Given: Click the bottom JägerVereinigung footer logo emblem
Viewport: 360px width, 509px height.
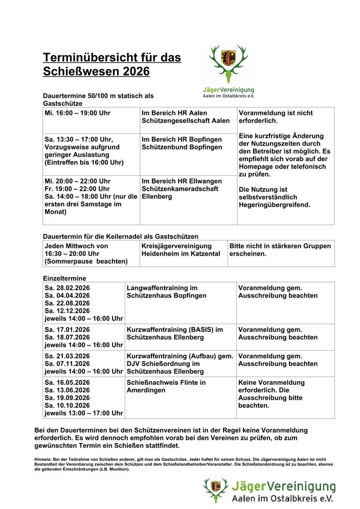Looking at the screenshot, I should (216, 490).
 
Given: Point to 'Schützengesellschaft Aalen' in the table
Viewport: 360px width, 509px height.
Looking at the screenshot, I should (186, 121).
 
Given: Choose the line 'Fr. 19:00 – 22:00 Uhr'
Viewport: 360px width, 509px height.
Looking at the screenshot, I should (77, 189).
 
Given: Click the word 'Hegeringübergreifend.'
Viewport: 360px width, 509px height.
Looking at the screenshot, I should (274, 204).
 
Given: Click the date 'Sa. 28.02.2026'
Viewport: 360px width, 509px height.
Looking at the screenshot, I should (67, 288).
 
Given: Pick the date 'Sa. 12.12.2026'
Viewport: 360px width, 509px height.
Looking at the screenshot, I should (67, 311).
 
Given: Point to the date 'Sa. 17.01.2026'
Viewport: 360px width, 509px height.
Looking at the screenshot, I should (67, 330).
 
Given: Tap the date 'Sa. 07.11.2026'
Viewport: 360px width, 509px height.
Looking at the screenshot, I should (67, 364).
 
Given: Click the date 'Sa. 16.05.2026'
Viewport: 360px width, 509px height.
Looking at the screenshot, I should (67, 382).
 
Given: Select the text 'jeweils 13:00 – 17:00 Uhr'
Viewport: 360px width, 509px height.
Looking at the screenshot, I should (84, 413).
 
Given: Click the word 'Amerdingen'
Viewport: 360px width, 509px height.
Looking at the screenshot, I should (146, 390).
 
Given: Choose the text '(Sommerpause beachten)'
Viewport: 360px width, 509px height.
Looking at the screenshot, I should (86, 261).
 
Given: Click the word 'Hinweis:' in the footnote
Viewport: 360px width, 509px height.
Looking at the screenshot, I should (42, 459).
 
